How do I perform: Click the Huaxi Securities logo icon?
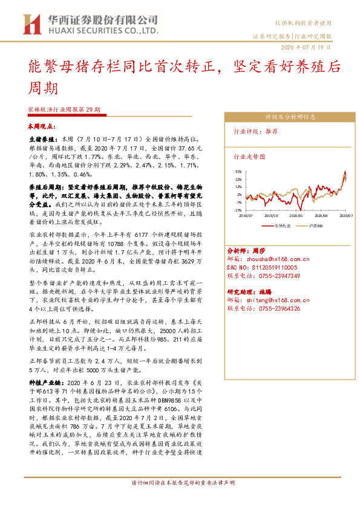31,25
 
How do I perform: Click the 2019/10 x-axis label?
271,215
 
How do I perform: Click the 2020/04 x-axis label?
321,215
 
